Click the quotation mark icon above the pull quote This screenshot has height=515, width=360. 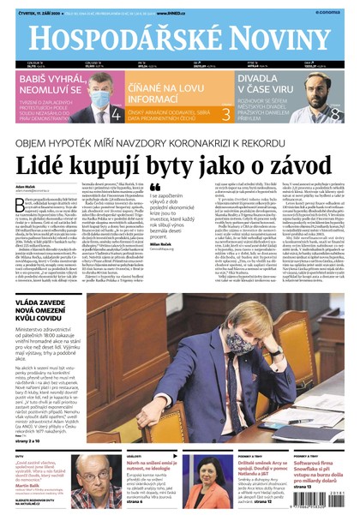pyautogui.click(x=155, y=187)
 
